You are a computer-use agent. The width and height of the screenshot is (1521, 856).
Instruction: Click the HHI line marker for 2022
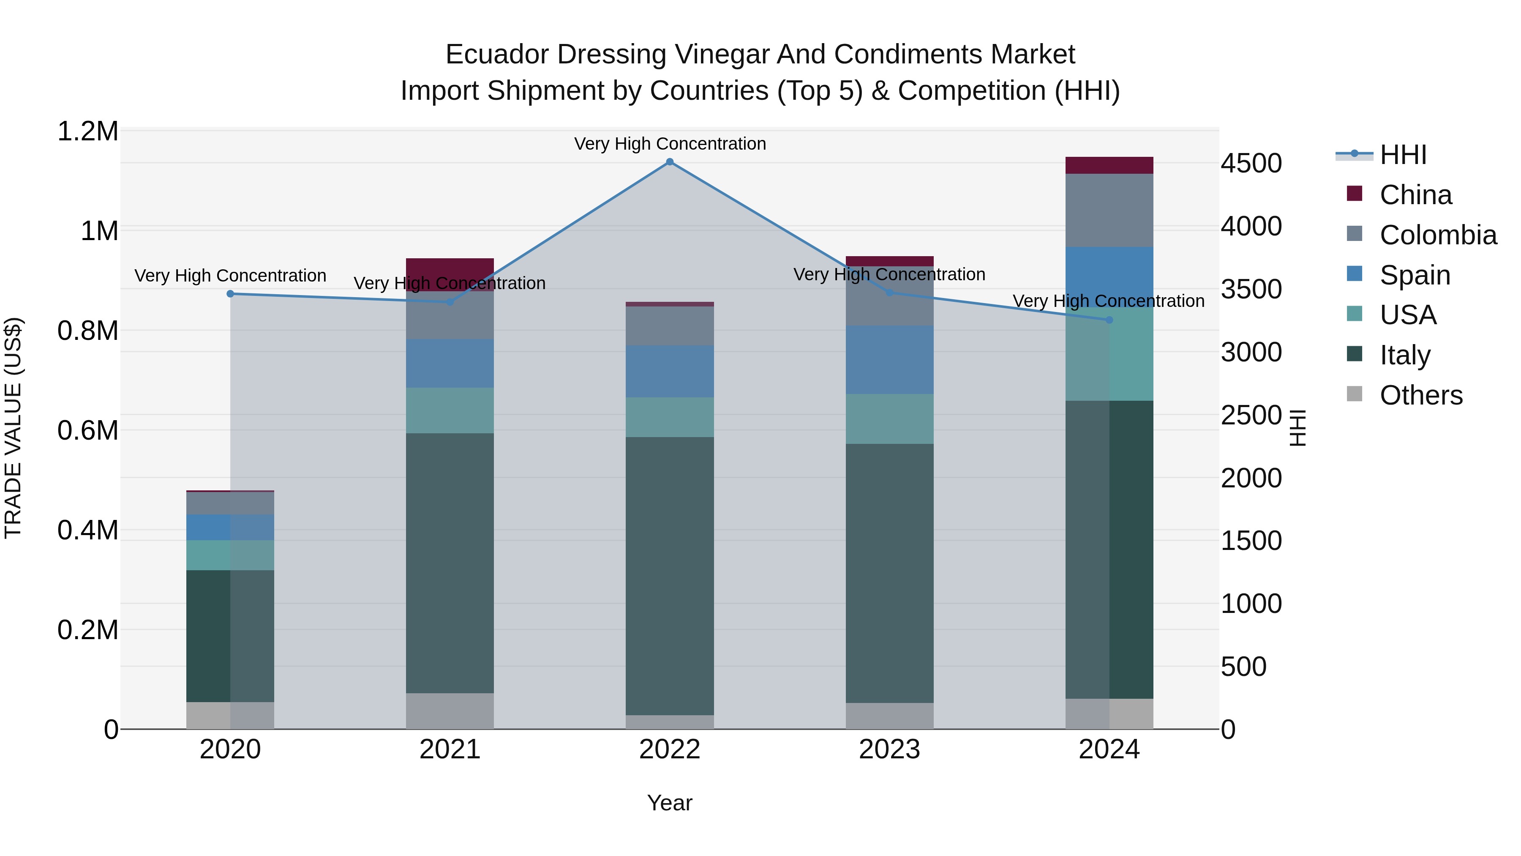tap(670, 162)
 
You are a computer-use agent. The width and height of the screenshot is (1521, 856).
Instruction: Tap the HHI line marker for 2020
tap(230, 294)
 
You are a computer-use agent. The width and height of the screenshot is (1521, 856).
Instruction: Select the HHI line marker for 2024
tap(1109, 320)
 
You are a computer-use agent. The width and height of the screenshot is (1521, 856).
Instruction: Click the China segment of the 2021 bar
tap(450, 274)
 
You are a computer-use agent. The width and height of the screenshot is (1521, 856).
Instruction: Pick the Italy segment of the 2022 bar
tap(670, 576)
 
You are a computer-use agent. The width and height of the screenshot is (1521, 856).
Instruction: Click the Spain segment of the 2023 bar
tap(889, 360)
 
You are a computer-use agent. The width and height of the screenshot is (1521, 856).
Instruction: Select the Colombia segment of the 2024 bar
tap(1109, 211)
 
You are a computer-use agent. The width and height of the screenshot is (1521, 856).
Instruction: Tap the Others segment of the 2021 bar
tap(450, 711)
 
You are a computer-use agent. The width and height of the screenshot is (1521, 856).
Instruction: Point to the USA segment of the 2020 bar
tap(230, 555)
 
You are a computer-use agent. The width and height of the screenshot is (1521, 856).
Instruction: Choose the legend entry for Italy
tap(1405, 355)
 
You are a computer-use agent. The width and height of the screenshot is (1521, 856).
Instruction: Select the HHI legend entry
tap(1403, 155)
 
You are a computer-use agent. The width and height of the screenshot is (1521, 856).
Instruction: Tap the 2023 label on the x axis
tap(889, 749)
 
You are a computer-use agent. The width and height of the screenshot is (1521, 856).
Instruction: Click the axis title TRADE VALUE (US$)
tap(13, 428)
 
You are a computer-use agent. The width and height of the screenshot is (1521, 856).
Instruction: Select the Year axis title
tap(670, 803)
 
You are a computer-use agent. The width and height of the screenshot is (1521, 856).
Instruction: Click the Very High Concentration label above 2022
tap(670, 144)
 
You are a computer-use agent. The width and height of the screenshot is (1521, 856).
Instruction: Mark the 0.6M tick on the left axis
tap(88, 431)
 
